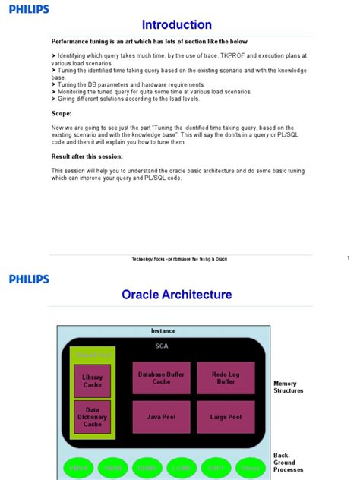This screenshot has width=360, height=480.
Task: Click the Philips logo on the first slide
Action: pos(29,9)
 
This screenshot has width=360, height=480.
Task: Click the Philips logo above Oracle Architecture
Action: pos(29,279)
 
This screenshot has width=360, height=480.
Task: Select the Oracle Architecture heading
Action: pos(177,294)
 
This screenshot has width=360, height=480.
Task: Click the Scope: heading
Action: pos(61,112)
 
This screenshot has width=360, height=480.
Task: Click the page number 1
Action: pos(347,258)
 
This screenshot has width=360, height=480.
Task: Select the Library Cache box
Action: pos(93,381)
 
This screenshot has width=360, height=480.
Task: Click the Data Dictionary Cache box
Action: pos(93,416)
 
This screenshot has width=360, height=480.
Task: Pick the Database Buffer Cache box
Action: pos(161,377)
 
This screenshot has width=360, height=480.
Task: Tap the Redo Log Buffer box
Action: pos(225,377)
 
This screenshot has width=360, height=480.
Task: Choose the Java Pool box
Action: pos(161,417)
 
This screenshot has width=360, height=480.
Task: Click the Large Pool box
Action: pos(225,417)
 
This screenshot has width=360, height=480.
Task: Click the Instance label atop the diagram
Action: pos(163,331)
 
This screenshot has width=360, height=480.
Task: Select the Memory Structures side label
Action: pos(289,387)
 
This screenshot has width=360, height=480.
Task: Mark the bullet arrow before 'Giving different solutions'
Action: pos(53,99)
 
